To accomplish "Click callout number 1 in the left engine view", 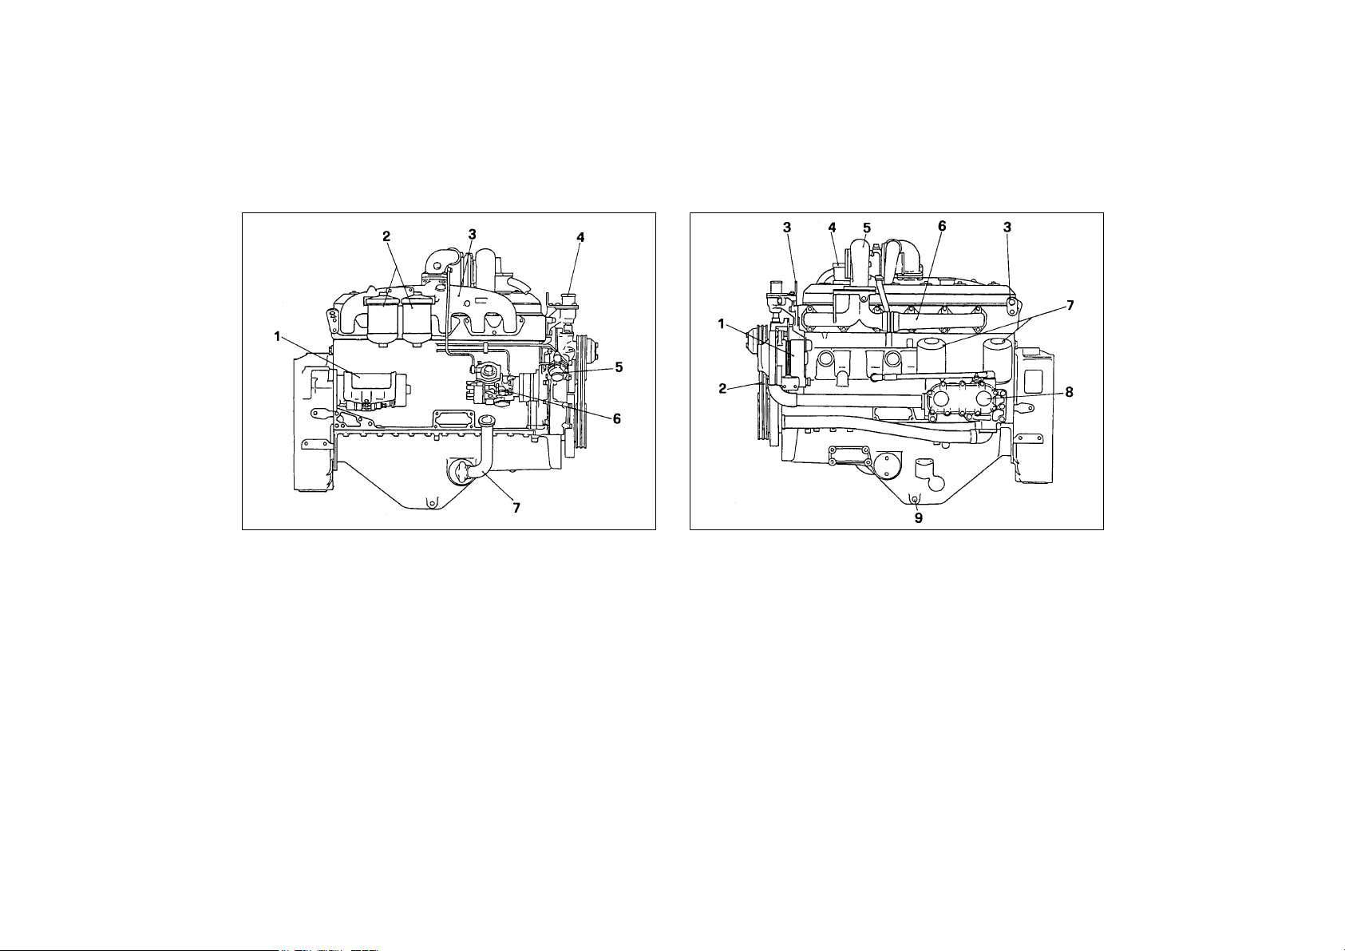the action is [278, 336].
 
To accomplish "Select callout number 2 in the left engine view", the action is [386, 236].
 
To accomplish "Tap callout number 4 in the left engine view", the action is [580, 238].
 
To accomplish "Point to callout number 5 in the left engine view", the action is [619, 367].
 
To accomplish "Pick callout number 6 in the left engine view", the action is [617, 418].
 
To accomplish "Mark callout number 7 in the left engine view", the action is [516, 508].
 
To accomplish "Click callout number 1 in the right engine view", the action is [721, 324].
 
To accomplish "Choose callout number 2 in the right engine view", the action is [723, 389].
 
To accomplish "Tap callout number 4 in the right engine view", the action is [832, 227].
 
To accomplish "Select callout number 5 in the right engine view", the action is [866, 228].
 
